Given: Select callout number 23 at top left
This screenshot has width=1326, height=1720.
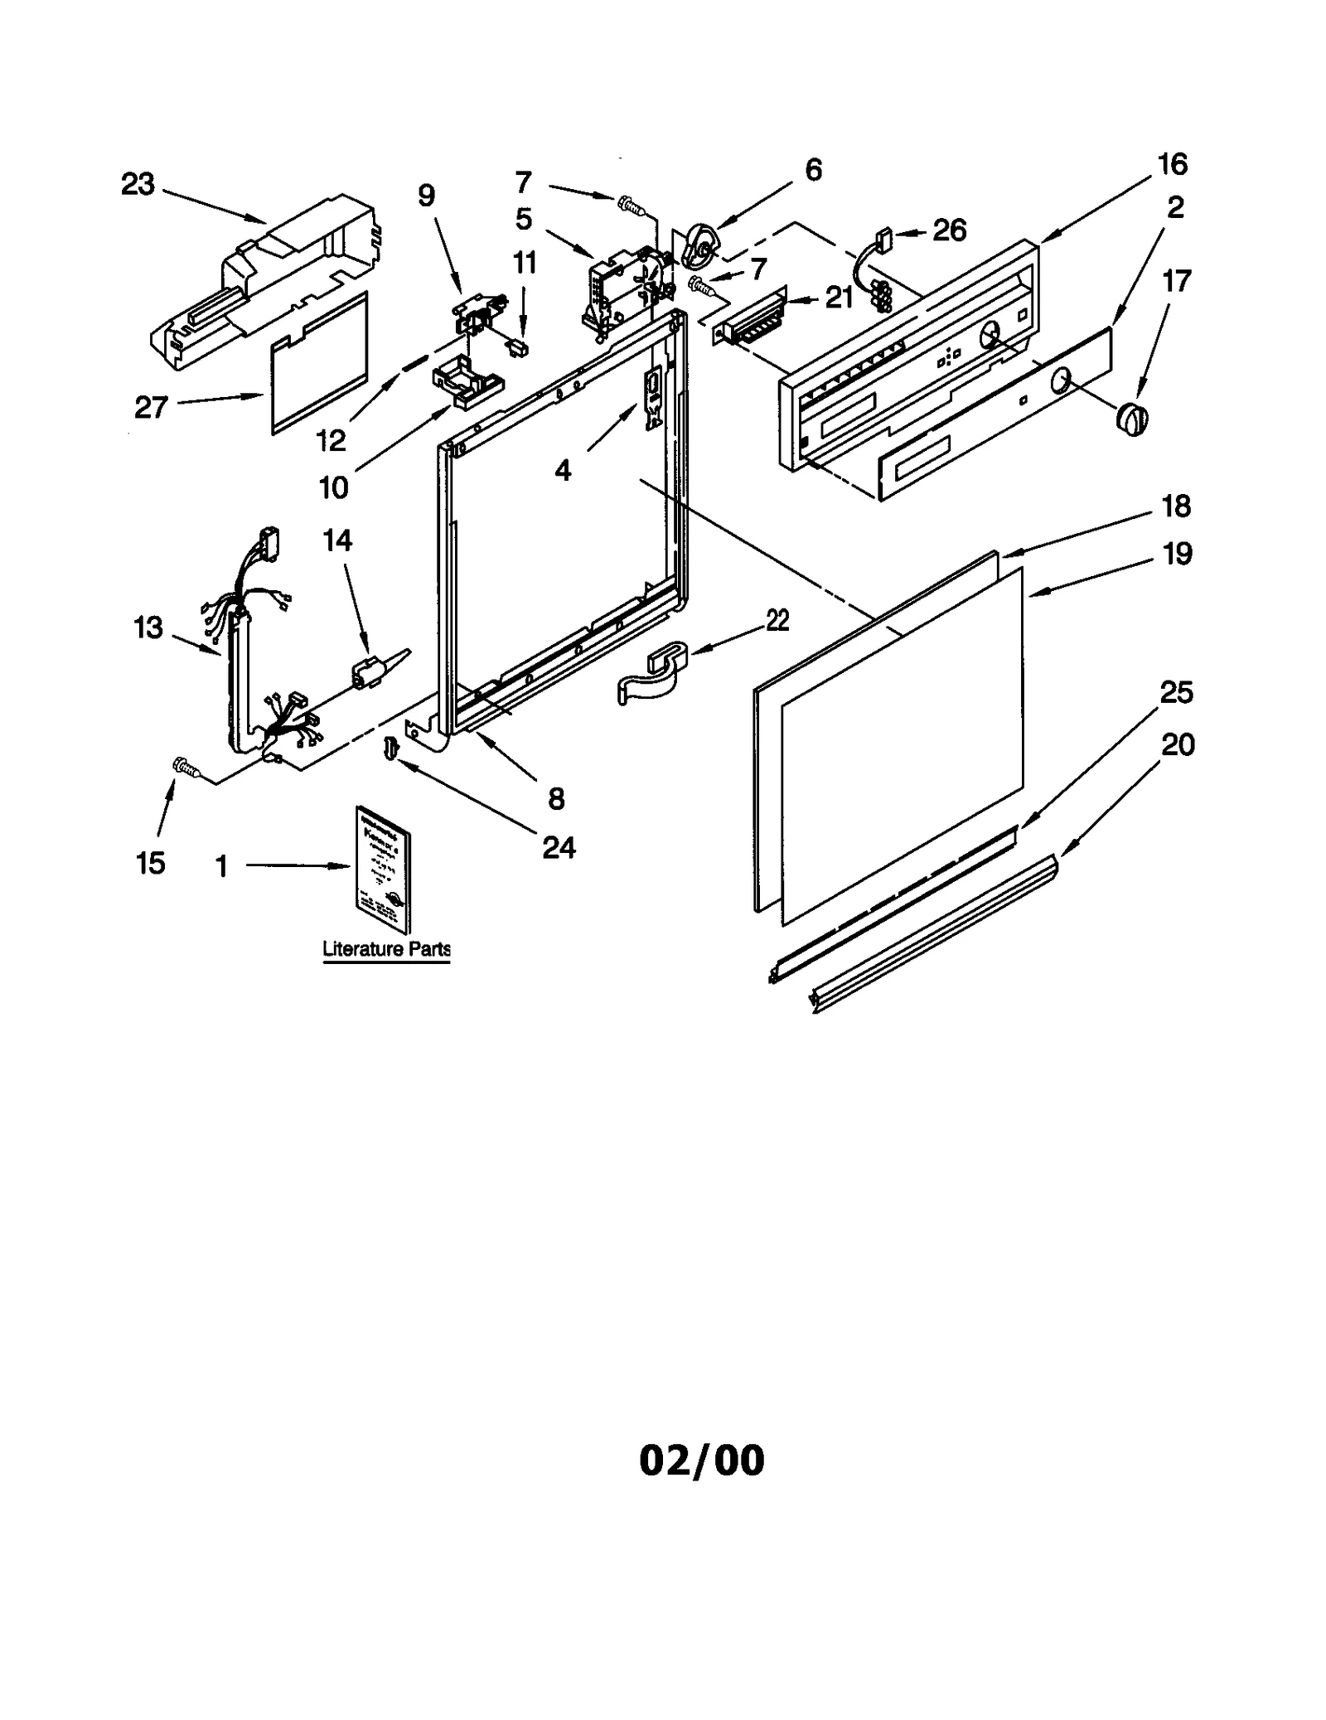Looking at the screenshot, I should [138, 184].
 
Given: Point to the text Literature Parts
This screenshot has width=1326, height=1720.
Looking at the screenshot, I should [386, 949].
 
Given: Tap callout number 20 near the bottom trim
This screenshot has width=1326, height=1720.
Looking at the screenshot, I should [1177, 745].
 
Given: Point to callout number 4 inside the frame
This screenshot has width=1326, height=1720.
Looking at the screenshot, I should [563, 471].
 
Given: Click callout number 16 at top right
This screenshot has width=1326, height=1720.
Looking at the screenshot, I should [1172, 165].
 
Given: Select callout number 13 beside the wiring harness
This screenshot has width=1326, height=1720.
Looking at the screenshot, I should [148, 627].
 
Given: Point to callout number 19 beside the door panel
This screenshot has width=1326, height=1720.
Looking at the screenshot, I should [1177, 553].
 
